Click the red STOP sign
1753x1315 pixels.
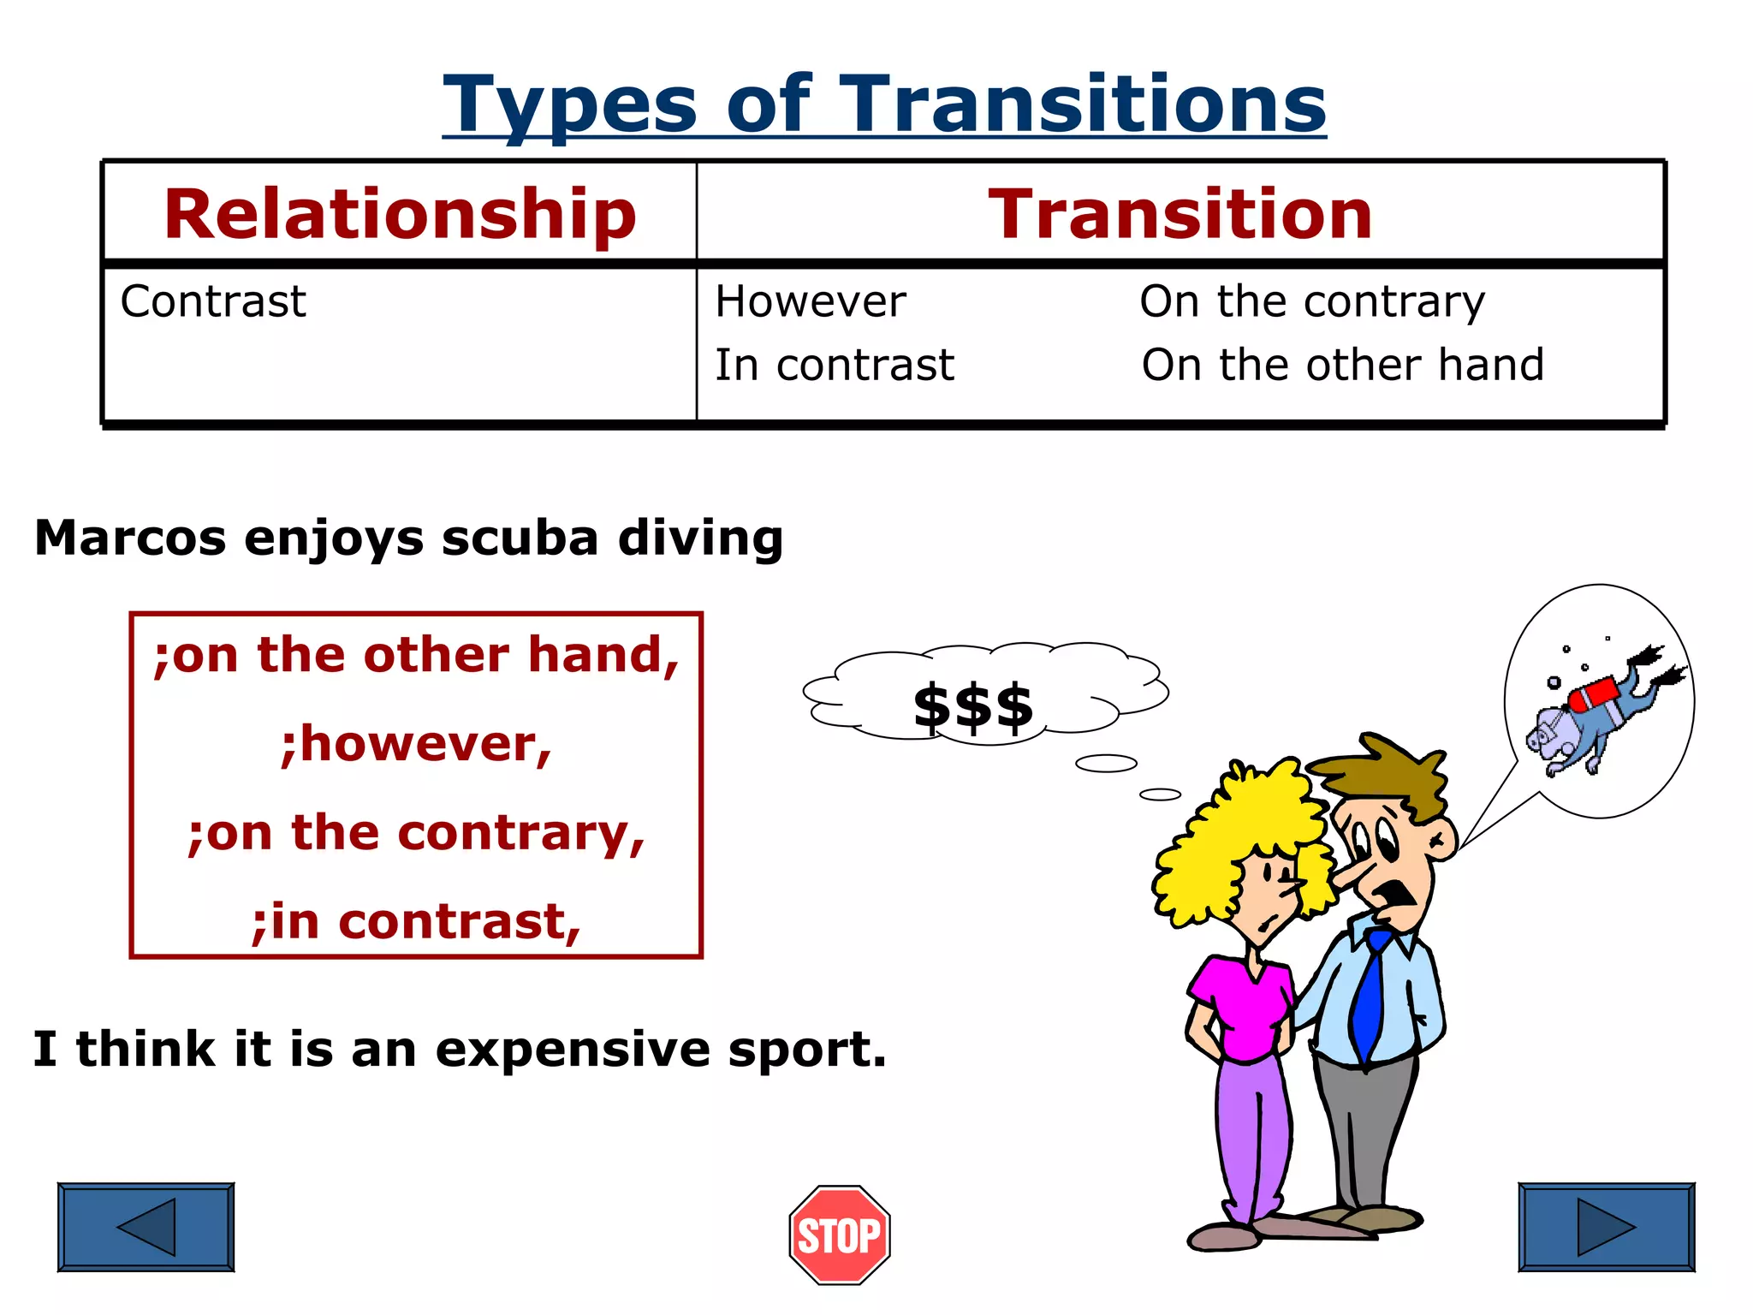pyautogui.click(x=840, y=1235)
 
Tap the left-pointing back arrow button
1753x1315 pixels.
pyautogui.click(x=146, y=1227)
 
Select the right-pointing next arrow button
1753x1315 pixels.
pyautogui.click(x=1606, y=1227)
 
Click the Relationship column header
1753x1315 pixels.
pyautogui.click(x=400, y=214)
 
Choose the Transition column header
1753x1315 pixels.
pyautogui.click(x=1180, y=214)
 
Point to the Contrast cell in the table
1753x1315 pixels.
pyautogui.click(x=213, y=301)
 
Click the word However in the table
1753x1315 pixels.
pyautogui.click(x=811, y=301)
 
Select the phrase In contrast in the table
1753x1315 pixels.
pyautogui.click(x=835, y=365)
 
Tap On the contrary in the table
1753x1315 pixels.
pyautogui.click(x=1312, y=301)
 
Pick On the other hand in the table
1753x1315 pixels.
pyautogui.click(x=1342, y=365)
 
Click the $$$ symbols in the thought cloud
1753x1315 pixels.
pyautogui.click(x=973, y=708)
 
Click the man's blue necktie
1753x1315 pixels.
pyautogui.click(x=1370, y=993)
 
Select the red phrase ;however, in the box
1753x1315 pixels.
pyautogui.click(x=416, y=743)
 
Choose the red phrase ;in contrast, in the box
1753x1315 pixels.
pyautogui.click(x=416, y=922)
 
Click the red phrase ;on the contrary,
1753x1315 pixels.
pyautogui.click(x=416, y=832)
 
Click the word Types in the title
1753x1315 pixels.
pyautogui.click(x=570, y=104)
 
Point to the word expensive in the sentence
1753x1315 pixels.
pyautogui.click(x=573, y=1049)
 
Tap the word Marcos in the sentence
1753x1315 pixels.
pyautogui.click(x=130, y=538)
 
